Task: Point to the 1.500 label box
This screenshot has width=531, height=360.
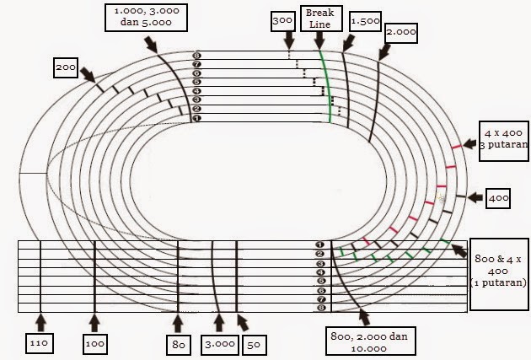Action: coord(363,21)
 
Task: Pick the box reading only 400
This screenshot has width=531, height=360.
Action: coord(500,198)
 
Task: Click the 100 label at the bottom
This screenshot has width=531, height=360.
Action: coord(94,344)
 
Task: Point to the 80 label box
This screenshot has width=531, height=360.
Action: coord(177,344)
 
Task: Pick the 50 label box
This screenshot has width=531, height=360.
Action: coord(253,344)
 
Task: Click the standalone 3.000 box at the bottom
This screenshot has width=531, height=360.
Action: coord(218,344)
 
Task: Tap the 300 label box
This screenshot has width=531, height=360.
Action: coord(283,20)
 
